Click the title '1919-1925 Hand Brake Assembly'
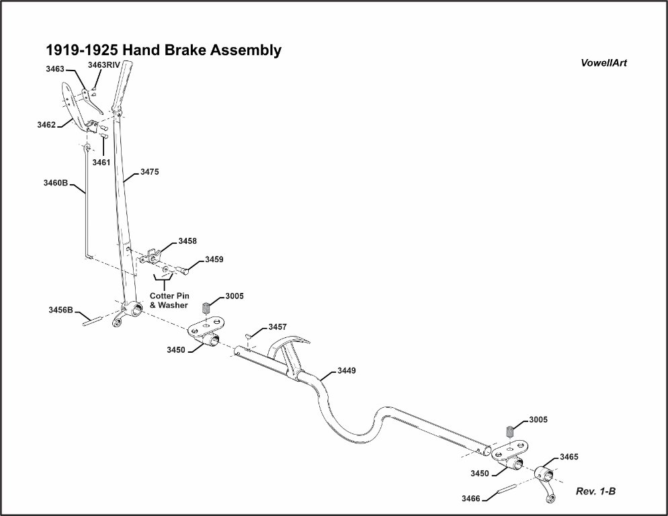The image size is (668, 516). [163, 50]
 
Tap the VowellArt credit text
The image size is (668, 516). [604, 63]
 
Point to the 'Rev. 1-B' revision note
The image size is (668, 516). [595, 491]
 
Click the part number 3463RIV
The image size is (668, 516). [103, 64]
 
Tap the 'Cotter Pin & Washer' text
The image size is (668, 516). [168, 300]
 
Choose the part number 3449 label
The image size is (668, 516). [347, 370]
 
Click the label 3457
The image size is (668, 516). [278, 327]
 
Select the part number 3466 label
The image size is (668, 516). [471, 498]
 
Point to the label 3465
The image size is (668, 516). [569, 457]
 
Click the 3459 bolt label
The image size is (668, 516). [214, 259]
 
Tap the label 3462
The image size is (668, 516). [46, 124]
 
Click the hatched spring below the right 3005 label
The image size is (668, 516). [510, 431]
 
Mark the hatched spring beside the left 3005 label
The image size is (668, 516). [207, 308]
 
